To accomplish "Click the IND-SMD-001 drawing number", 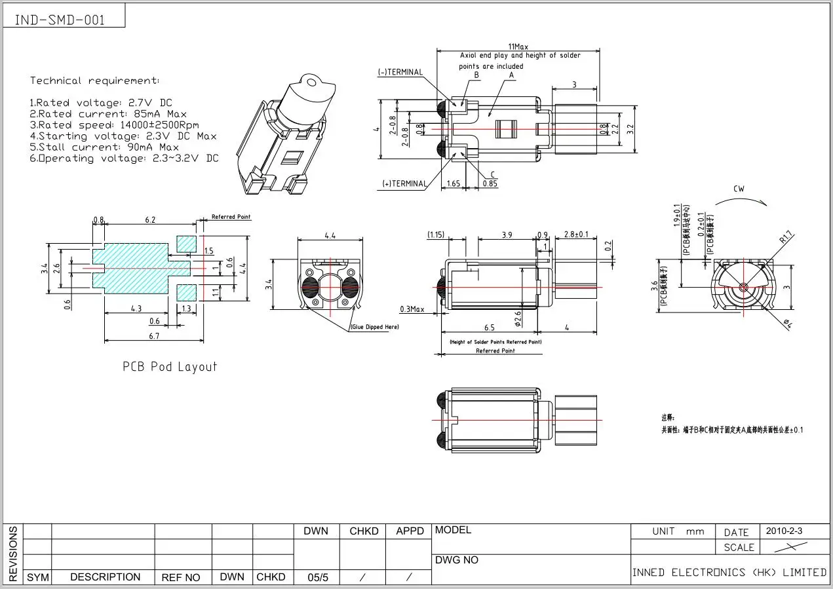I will pos(59,20).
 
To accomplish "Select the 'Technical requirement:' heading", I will pos(94,81).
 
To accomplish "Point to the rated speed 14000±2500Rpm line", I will pos(114,124).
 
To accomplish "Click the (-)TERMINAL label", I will pos(400,72).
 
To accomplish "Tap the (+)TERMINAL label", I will pos(404,184).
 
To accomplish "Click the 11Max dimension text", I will pos(517,47).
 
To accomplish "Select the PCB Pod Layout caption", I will pos(169,366).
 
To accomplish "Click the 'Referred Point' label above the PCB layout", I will pos(231,217).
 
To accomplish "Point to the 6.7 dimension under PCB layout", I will pos(153,336).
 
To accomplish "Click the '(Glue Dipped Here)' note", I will pos(374,327).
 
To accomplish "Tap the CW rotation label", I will pos(739,189).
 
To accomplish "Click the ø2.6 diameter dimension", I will pos(518,318).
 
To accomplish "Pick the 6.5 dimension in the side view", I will pos(489,327).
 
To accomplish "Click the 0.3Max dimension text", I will pos(412,309).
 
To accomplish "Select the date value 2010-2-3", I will pos(784,531).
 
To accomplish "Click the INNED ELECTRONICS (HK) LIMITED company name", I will pos(729,572).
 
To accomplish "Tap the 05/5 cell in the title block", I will pos(319,577).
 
